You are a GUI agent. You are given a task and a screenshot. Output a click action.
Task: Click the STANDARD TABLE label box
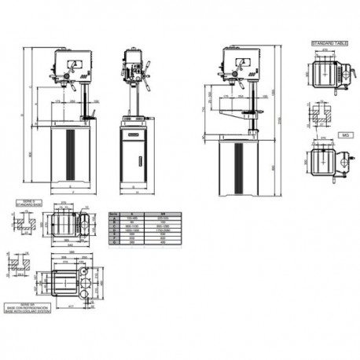click(329, 42)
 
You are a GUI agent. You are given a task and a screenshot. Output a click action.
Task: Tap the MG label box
click(344, 134)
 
